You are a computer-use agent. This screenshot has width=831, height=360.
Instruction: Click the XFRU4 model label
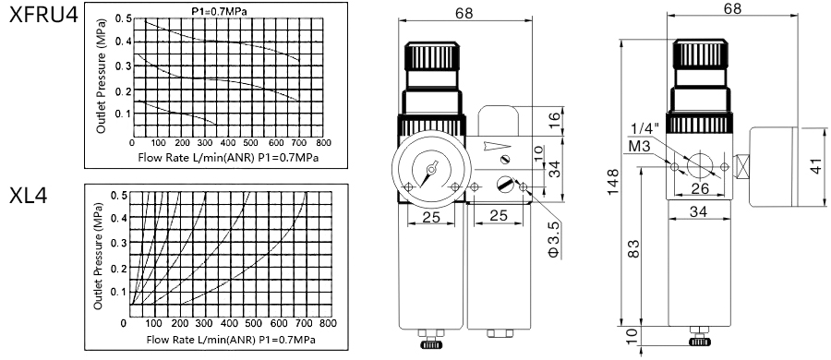44,15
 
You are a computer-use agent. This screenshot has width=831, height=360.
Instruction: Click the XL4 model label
28,196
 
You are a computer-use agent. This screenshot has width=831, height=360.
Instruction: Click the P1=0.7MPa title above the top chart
219,10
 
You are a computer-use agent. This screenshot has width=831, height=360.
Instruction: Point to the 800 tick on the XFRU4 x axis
323,143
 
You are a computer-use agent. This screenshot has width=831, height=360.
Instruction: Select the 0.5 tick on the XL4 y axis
119,195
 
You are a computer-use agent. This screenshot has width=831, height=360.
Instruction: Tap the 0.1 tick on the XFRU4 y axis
121,114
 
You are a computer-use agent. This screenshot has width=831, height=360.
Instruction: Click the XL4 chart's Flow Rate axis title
231,340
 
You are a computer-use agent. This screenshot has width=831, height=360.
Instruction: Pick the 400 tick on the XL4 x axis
230,323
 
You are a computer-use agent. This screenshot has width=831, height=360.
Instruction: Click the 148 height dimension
613,182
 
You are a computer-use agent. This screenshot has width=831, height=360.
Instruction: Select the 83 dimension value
633,248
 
